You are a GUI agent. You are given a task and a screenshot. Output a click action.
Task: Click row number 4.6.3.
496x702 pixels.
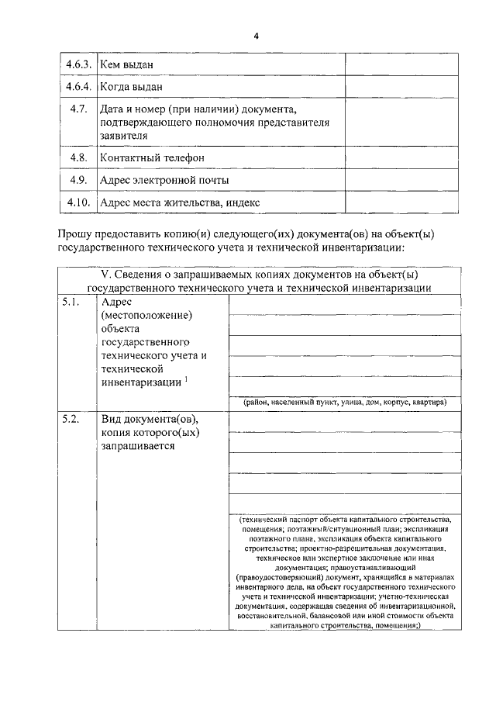78,63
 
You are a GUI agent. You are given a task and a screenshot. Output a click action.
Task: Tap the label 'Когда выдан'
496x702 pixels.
133,86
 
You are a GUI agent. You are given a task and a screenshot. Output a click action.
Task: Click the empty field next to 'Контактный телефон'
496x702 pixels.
388,157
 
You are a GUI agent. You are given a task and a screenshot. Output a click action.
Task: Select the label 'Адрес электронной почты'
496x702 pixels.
164,180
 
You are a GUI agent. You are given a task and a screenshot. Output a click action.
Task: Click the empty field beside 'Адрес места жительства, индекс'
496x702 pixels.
388,202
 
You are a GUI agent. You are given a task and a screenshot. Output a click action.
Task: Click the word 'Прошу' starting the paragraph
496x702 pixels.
78,233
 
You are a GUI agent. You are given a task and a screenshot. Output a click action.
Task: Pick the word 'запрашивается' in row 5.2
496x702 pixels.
138,447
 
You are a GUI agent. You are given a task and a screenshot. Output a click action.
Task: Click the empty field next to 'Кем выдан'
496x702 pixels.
388,63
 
